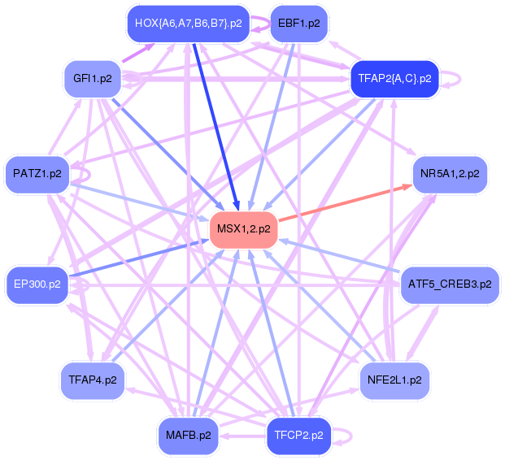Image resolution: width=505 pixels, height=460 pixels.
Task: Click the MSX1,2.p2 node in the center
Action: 244,229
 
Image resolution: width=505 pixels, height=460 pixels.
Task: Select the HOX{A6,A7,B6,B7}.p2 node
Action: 189,23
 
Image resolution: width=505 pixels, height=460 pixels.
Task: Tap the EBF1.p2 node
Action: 298,23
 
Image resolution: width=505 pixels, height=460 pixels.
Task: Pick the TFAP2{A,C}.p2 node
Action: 394,79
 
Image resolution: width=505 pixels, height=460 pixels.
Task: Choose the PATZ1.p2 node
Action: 37,173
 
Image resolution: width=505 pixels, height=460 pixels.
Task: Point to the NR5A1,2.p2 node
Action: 450,173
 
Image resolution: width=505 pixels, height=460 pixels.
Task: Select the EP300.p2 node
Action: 37,284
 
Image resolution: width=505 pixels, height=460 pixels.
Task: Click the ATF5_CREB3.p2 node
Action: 450,284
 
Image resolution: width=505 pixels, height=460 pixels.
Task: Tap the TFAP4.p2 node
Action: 93,380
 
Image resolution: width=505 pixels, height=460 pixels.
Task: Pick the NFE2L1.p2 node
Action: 394,380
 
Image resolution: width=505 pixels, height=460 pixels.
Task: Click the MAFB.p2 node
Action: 189,435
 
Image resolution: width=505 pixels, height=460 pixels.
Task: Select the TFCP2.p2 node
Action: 298,435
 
